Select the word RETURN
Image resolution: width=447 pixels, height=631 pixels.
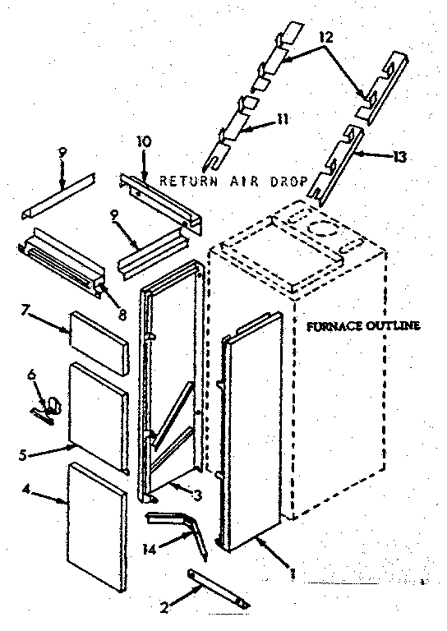tap(186, 180)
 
